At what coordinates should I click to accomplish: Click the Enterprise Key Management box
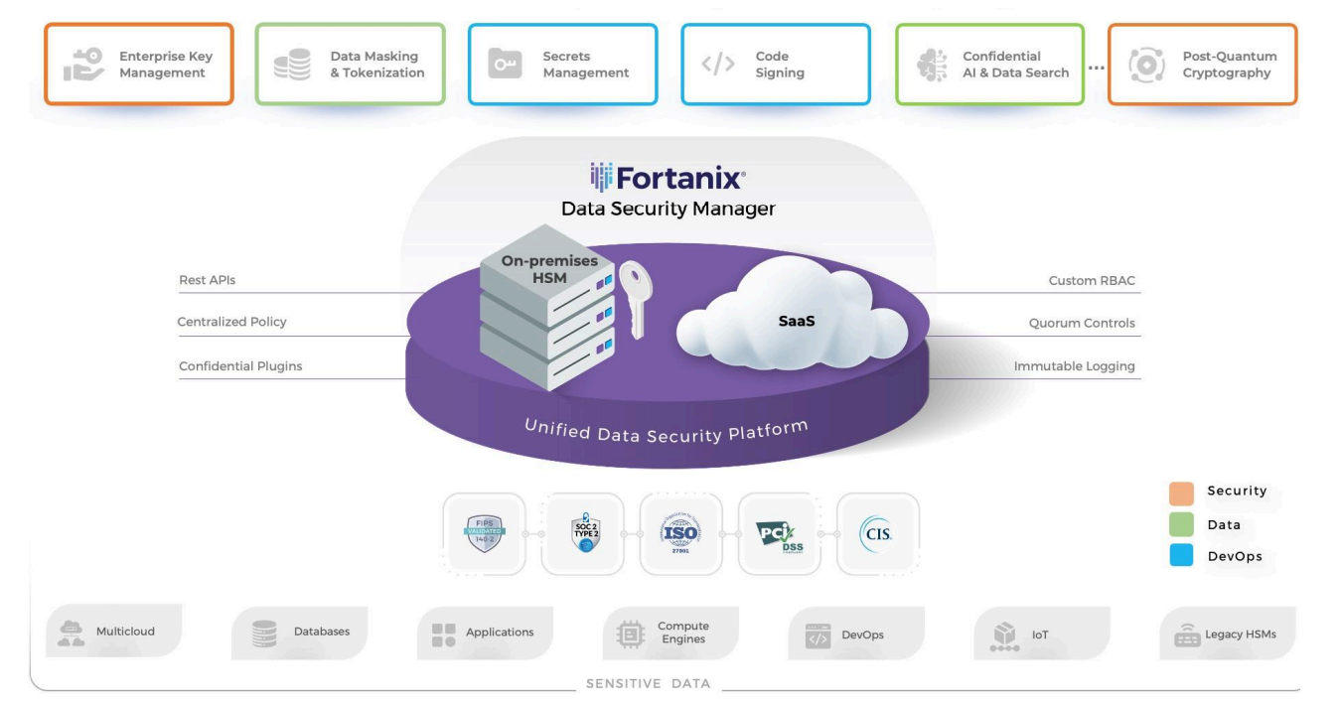(138, 65)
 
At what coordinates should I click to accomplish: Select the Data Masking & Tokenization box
(351, 65)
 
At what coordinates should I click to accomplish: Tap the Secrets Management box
(562, 65)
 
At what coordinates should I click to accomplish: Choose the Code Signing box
(775, 65)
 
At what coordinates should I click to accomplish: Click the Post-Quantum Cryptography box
(1202, 65)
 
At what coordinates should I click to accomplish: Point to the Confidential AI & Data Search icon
(930, 65)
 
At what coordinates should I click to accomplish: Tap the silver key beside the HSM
(631, 298)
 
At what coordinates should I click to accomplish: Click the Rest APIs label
(207, 280)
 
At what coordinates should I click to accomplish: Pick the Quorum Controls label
(1081, 323)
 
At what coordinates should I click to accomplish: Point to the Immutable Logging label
(1074, 366)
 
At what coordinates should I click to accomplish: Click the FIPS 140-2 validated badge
(485, 533)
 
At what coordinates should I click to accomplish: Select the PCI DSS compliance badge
(780, 533)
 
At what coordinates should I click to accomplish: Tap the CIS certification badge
(878, 533)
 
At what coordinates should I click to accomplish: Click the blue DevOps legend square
(1181, 556)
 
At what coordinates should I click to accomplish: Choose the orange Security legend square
(1181, 492)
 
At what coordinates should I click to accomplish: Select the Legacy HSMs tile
(1228, 634)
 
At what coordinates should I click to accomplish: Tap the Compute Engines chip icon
(631, 633)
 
